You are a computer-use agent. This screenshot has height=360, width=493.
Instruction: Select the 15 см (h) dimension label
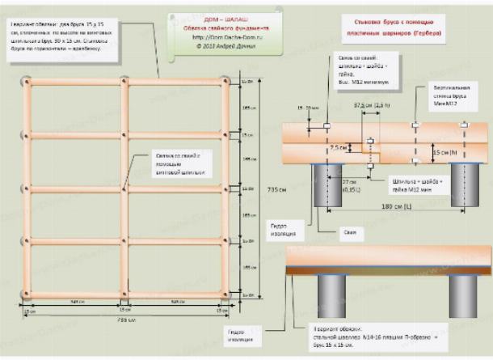441,151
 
